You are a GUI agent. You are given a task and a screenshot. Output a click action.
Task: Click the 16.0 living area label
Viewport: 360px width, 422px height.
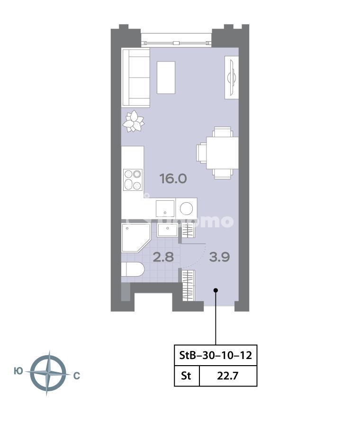173,179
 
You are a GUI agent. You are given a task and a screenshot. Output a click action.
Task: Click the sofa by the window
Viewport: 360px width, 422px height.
136,78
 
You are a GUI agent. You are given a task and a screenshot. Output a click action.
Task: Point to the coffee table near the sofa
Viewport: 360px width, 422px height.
166,77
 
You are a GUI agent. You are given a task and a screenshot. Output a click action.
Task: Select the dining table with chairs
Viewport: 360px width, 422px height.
217,153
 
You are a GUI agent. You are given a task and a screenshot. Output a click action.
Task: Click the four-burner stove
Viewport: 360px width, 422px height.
133,180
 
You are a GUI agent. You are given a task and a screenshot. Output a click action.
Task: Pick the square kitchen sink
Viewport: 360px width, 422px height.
165,208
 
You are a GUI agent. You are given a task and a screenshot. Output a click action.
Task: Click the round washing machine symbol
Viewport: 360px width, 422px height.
186,208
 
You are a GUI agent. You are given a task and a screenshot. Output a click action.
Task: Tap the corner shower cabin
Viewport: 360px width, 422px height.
135,237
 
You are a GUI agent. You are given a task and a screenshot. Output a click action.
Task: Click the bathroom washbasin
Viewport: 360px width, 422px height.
168,231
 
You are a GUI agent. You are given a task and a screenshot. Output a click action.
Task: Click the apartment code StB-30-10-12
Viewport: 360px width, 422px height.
216,355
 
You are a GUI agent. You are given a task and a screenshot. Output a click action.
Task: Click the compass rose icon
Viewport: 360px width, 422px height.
47,373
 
